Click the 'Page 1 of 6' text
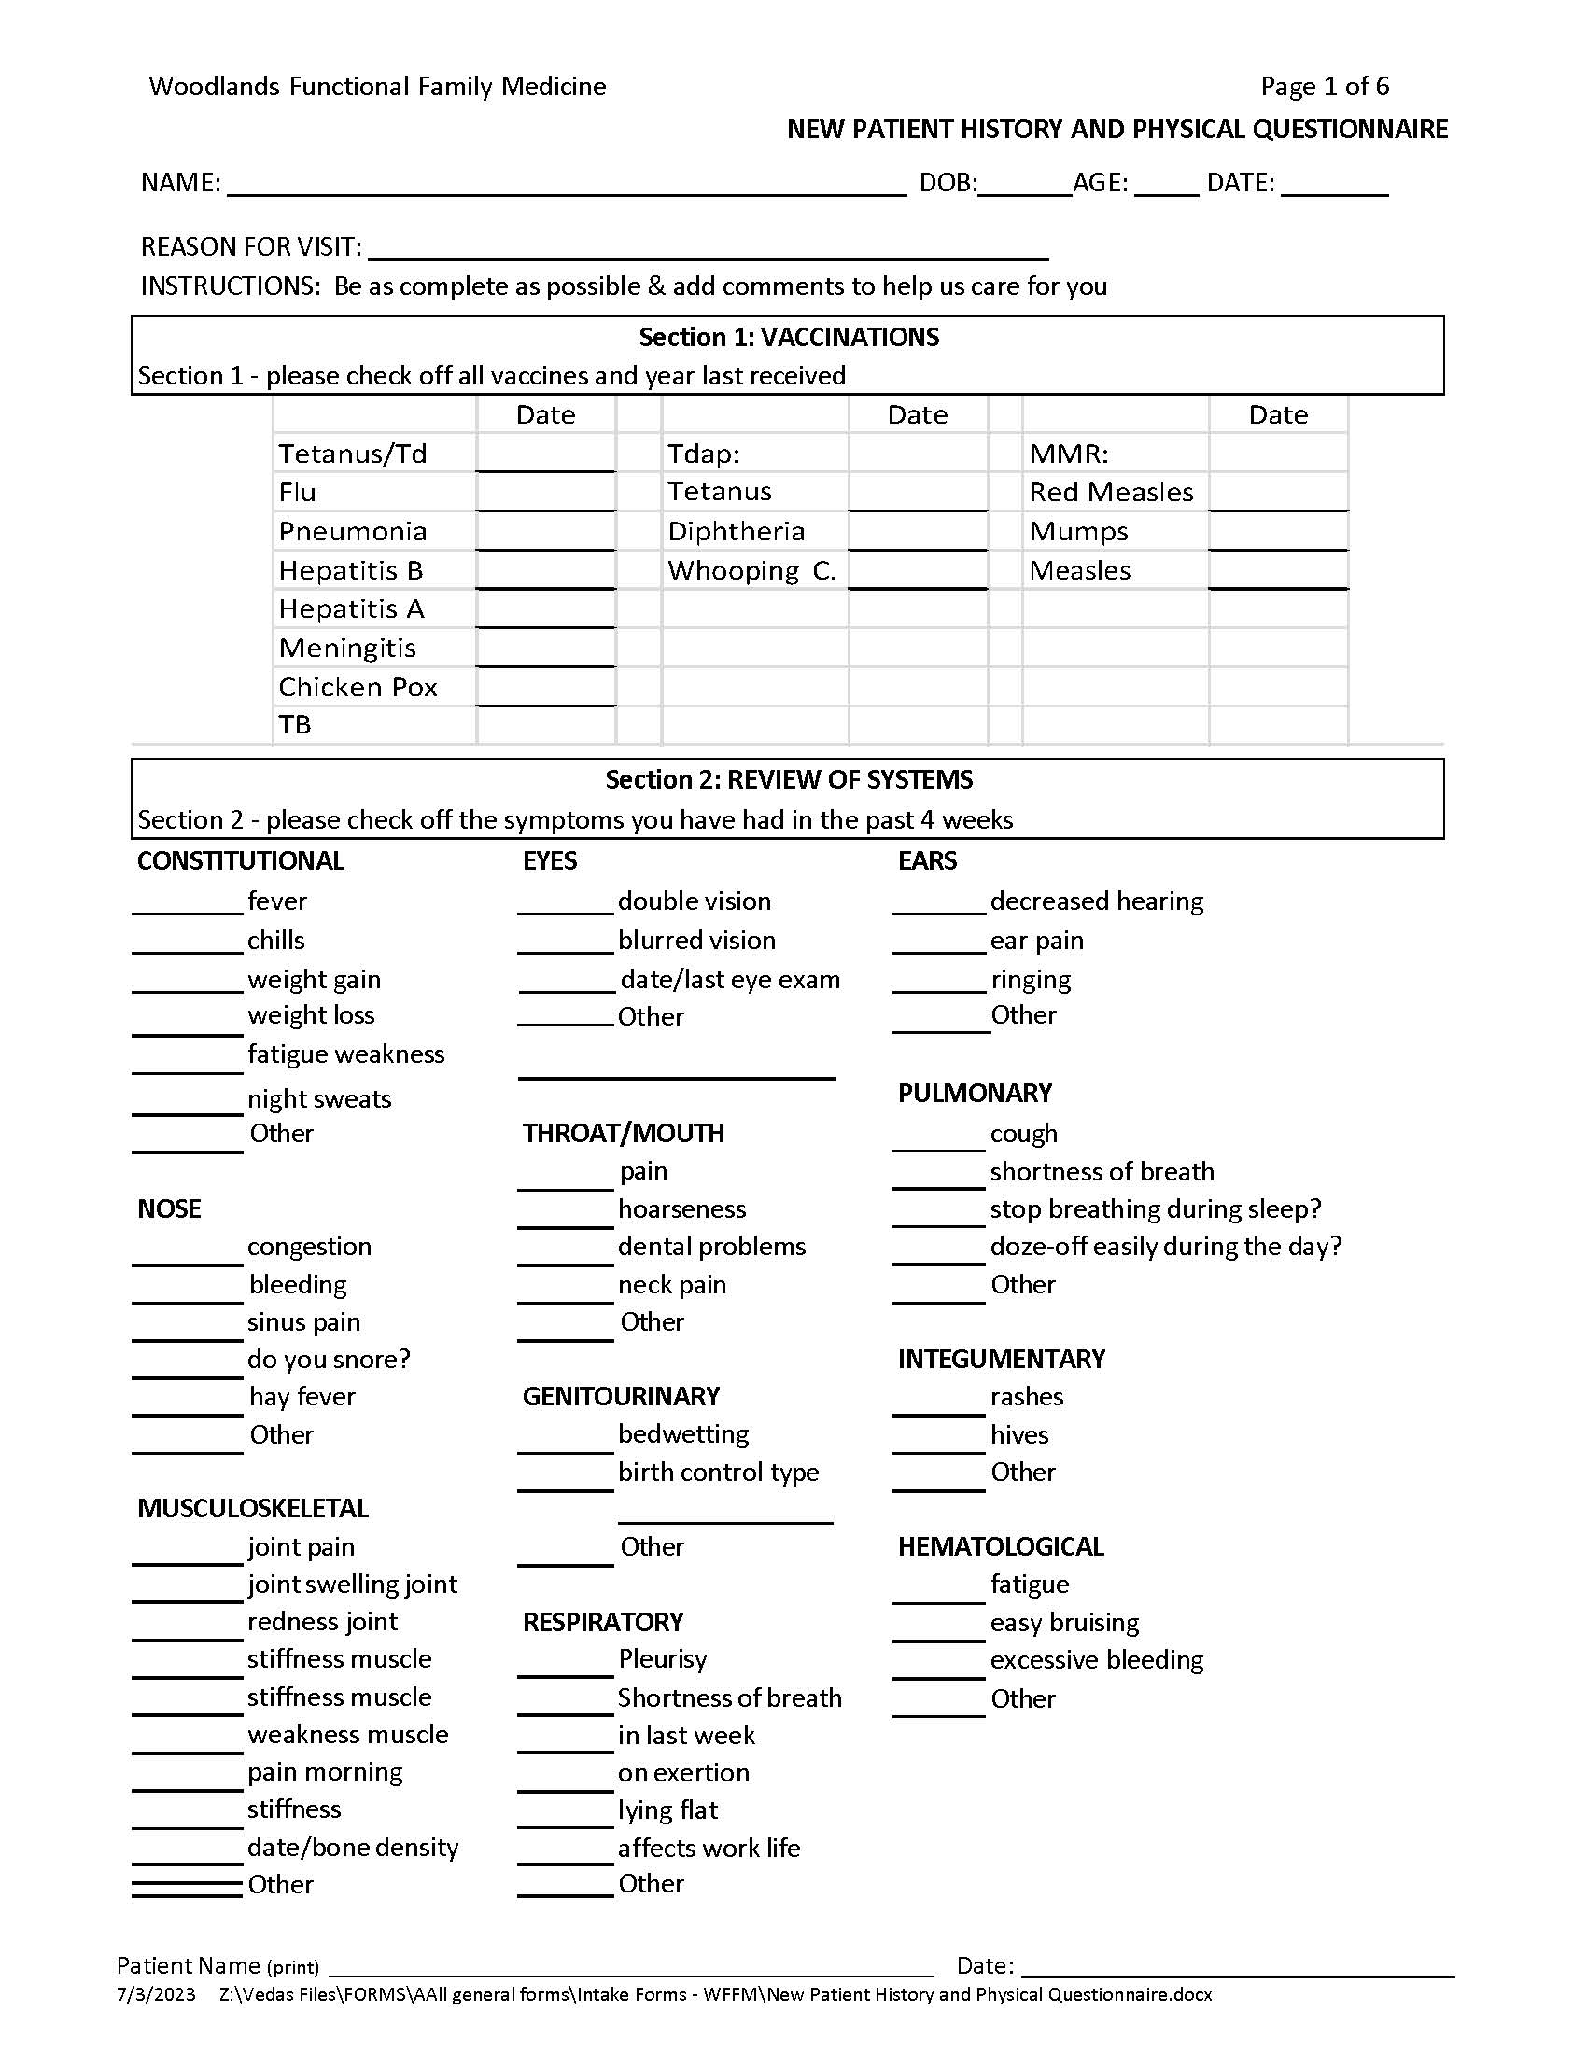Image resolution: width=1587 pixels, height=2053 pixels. [1324, 87]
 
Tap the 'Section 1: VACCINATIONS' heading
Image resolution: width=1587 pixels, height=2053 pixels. [788, 338]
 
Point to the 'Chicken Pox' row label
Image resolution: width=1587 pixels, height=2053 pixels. [358, 687]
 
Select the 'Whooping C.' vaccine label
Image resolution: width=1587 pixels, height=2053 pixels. [751, 570]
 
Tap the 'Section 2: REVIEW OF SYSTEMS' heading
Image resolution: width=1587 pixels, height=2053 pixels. [788, 780]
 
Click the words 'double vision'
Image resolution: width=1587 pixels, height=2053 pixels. [694, 901]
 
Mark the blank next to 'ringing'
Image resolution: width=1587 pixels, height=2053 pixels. [939, 983]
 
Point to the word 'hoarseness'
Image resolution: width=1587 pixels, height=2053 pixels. [681, 1209]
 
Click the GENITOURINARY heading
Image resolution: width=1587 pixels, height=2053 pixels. [621, 1397]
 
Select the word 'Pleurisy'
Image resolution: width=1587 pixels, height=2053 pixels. [662, 1659]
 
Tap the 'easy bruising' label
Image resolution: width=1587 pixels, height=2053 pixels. [1063, 1623]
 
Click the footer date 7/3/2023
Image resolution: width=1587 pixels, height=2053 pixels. [156, 1995]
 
